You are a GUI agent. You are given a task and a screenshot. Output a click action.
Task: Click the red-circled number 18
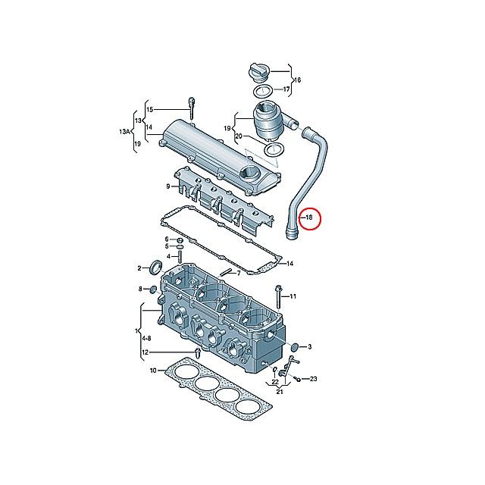309,218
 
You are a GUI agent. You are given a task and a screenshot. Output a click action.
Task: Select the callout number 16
297,80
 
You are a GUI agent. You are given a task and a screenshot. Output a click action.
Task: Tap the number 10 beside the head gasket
152,371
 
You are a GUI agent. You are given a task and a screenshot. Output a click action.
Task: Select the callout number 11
294,296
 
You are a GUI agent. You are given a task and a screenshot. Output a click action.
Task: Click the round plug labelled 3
293,347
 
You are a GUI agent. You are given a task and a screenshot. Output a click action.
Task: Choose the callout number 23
313,378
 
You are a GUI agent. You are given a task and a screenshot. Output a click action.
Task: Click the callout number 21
280,392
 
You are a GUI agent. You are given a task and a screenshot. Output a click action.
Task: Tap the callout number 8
140,289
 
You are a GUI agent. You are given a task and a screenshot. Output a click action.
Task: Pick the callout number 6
168,239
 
